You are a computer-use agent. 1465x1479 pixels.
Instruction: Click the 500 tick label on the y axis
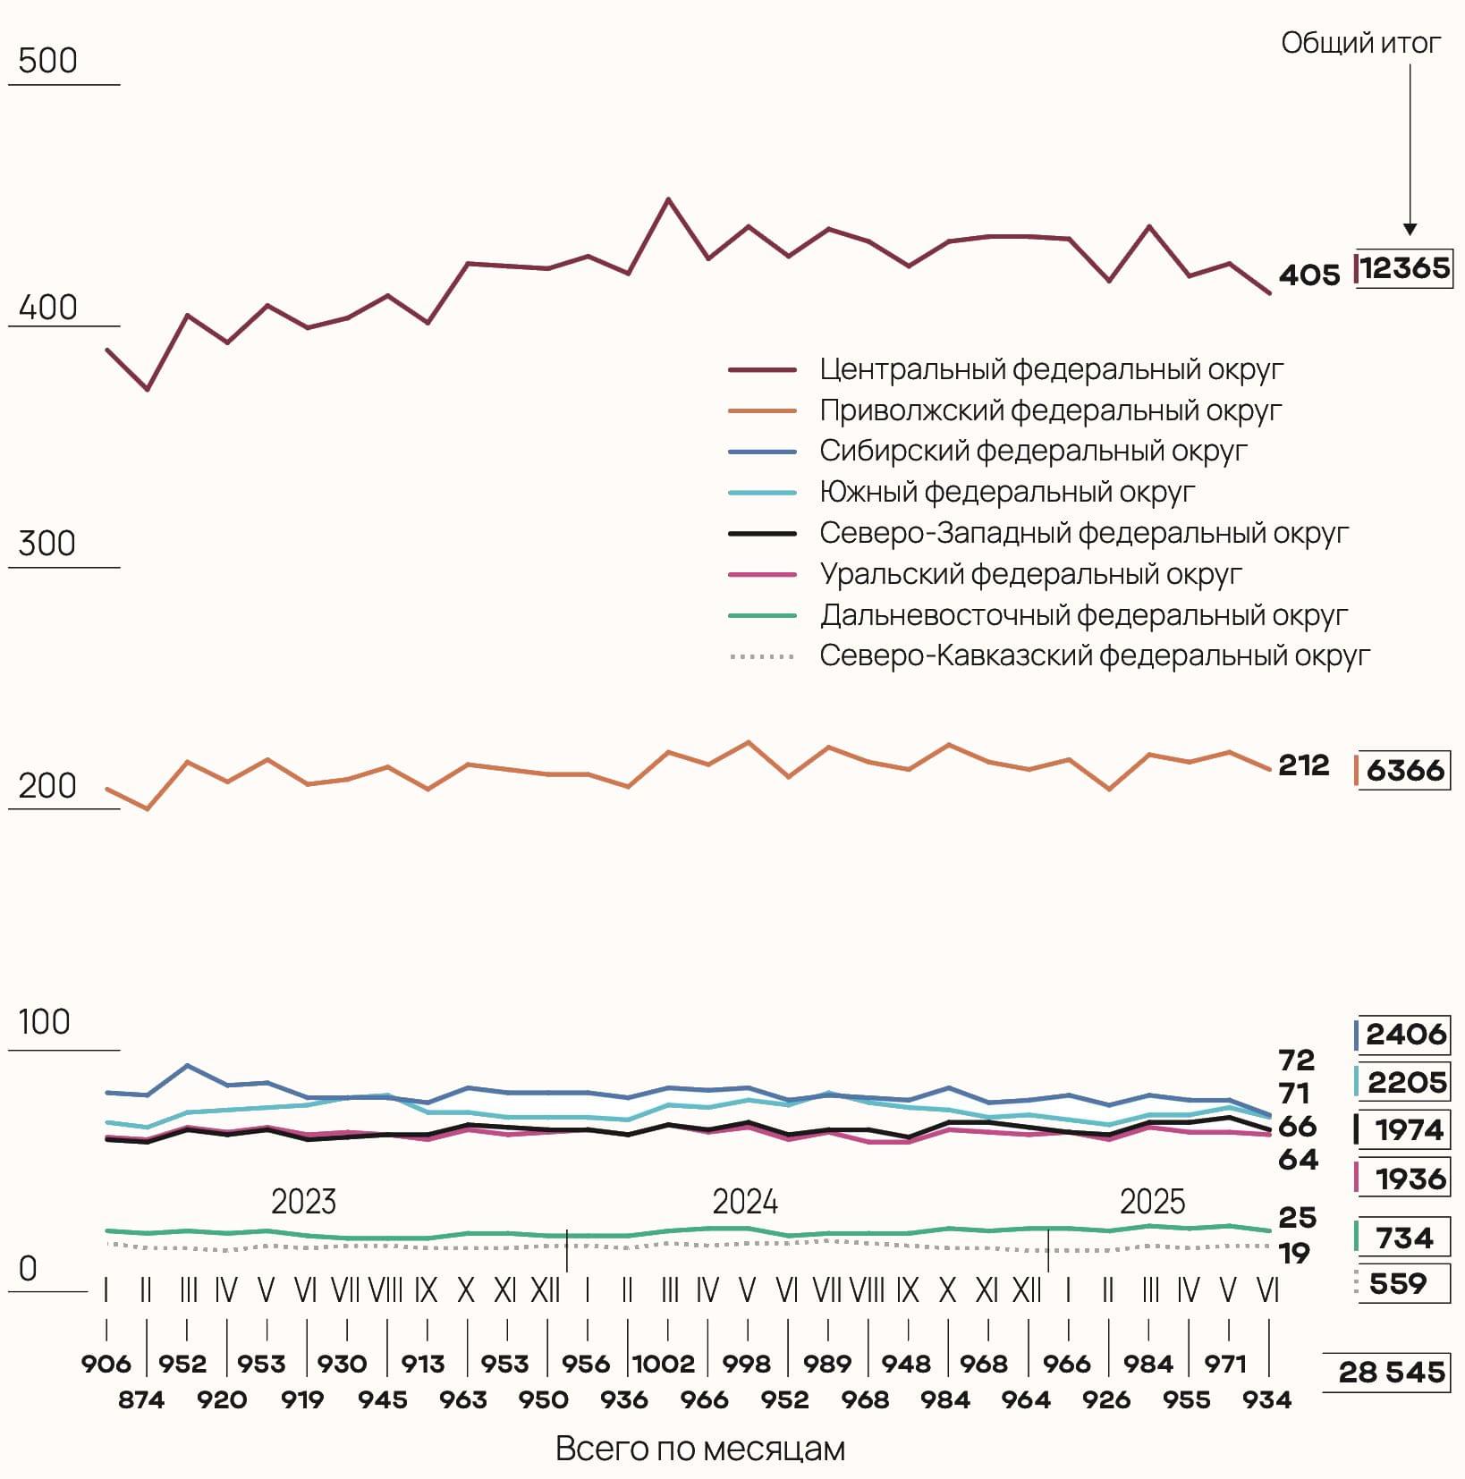pos(47,61)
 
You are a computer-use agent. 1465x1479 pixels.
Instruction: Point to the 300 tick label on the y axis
pos(47,544)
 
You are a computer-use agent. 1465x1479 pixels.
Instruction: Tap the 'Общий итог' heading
pos(1360,43)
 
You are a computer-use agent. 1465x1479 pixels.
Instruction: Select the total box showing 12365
pos(1404,268)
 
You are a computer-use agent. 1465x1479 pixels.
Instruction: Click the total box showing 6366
pos(1404,770)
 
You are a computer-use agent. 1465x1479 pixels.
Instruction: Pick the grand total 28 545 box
pos(1391,1372)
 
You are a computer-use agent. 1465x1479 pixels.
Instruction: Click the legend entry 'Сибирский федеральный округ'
pos(1032,451)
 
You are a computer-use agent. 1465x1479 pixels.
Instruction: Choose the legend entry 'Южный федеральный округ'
pos(1006,492)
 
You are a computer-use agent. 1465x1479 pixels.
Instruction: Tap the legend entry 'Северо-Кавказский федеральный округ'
pos(1094,656)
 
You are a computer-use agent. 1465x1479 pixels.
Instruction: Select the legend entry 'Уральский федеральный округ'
pos(1030,574)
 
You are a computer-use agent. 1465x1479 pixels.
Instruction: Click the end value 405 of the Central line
pos(1308,275)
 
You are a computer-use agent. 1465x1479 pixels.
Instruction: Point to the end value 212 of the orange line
pos(1303,765)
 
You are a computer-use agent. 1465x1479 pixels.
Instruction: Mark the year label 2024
pos(745,1202)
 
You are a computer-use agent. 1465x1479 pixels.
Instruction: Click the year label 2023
pos(303,1202)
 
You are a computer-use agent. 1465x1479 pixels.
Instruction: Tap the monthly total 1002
pos(664,1364)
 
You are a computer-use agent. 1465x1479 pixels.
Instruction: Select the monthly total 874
pos(141,1399)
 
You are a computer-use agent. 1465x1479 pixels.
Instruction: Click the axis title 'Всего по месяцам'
pos(699,1449)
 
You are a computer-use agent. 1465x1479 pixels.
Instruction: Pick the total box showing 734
pos(1404,1238)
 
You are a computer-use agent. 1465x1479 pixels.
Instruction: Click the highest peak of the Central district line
pos(667,199)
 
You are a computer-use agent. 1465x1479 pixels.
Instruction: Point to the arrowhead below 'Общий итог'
pos(1410,229)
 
